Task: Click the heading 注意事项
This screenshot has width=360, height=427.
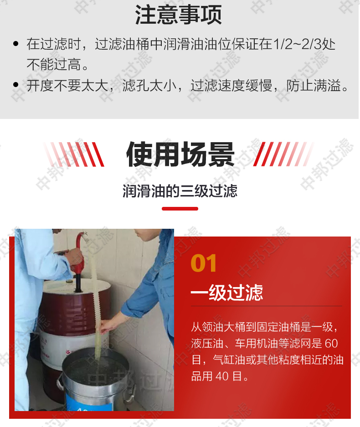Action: (x=178, y=15)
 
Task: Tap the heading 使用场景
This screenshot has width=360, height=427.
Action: (x=180, y=154)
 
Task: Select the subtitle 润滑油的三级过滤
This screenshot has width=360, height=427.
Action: (x=180, y=190)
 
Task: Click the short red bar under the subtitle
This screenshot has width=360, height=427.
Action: (x=180, y=209)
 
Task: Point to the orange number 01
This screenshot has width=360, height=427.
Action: (x=204, y=263)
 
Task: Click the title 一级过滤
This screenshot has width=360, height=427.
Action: (x=227, y=293)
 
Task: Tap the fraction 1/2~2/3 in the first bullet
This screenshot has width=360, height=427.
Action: (x=297, y=44)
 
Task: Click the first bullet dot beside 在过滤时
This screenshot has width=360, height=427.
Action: (x=16, y=44)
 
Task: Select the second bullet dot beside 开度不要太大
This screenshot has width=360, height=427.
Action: (x=16, y=85)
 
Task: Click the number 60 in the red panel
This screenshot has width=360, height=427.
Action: (x=331, y=344)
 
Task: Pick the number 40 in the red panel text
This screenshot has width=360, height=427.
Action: (x=222, y=376)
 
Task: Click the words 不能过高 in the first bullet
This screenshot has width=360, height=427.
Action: (x=54, y=65)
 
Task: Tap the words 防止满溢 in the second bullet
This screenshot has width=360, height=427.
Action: (x=314, y=86)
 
